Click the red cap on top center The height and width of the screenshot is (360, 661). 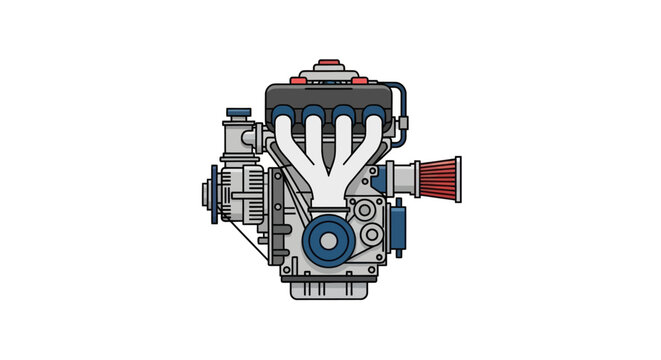[331, 62]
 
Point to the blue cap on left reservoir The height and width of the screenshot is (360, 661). [239, 113]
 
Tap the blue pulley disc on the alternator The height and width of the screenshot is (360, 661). [211, 189]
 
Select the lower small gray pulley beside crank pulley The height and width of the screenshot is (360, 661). [372, 236]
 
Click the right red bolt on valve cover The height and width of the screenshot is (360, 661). [361, 75]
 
